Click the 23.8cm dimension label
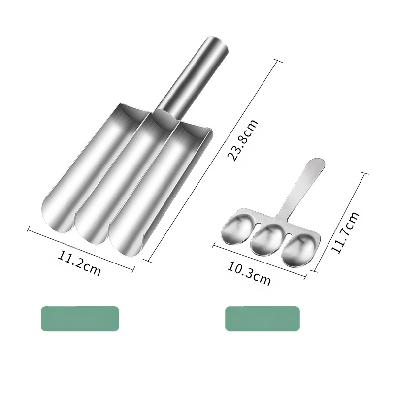(x=242, y=140)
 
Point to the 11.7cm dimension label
(x=345, y=232)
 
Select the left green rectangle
(x=80, y=319)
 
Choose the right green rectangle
(x=263, y=319)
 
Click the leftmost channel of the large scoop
(x=91, y=166)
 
